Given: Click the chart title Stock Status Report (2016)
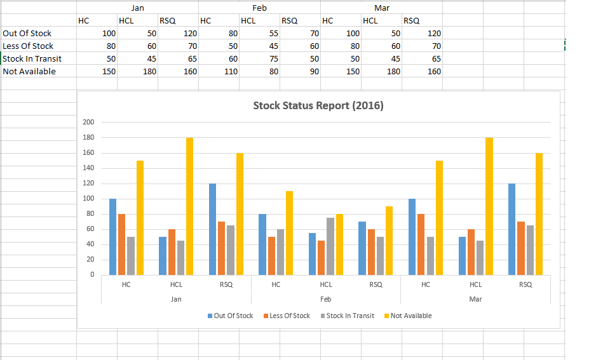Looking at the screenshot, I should tap(318, 105).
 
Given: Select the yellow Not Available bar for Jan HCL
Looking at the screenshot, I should tap(189, 206).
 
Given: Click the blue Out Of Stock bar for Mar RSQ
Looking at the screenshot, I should tap(512, 229).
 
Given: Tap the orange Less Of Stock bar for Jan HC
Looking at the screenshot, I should tap(121, 244).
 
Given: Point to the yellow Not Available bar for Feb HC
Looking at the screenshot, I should tap(289, 232).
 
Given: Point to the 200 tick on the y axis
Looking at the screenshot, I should tap(88, 122).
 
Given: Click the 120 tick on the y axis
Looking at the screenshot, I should tap(88, 183).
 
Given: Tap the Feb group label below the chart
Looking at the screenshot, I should tap(325, 298).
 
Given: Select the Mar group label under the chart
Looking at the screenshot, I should tap(475, 298).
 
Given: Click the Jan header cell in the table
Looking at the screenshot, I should tap(137, 8).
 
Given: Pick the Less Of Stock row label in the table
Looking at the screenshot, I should tap(28, 46).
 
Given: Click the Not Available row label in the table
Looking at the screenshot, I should tap(29, 71).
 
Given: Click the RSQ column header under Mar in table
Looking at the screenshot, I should tap(411, 20).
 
